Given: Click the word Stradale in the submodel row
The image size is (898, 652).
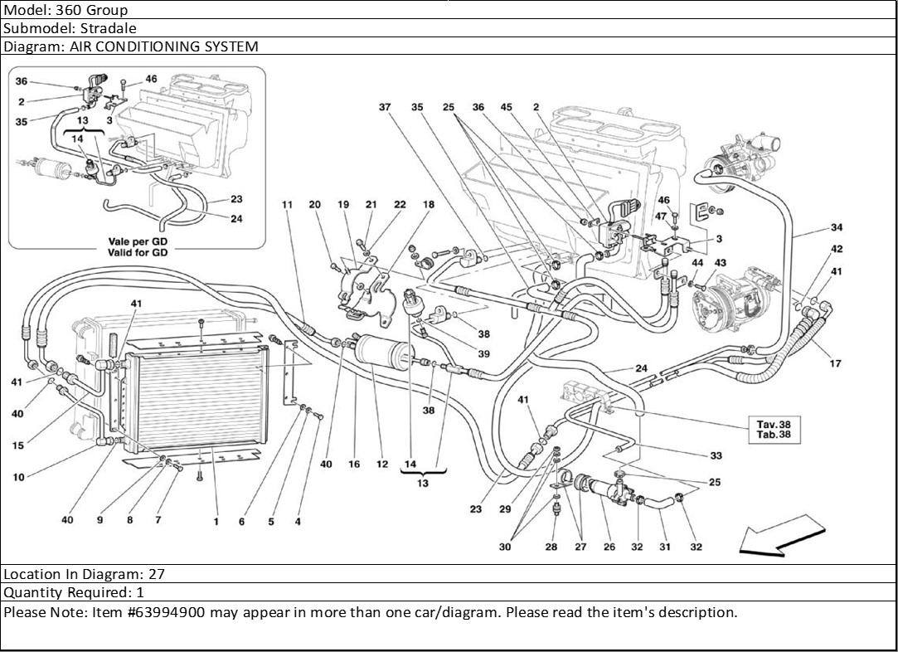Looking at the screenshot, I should coord(105,28).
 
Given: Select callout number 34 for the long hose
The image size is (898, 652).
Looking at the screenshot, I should coord(837,227).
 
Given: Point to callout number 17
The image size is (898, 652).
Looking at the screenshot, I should coord(836,363).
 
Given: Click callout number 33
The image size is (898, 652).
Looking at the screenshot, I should coord(716,455).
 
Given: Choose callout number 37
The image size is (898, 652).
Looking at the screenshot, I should coord(385,108).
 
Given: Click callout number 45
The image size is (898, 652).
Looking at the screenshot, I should coord(507,108).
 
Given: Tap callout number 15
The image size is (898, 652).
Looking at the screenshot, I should coord(18,446).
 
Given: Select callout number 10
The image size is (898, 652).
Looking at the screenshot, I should coord(18,477).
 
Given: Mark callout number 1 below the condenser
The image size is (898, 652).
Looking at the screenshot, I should coord(216,522).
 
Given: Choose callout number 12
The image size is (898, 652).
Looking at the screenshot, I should coord(382,465).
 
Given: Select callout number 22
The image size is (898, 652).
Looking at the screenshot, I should coord(400,204).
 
